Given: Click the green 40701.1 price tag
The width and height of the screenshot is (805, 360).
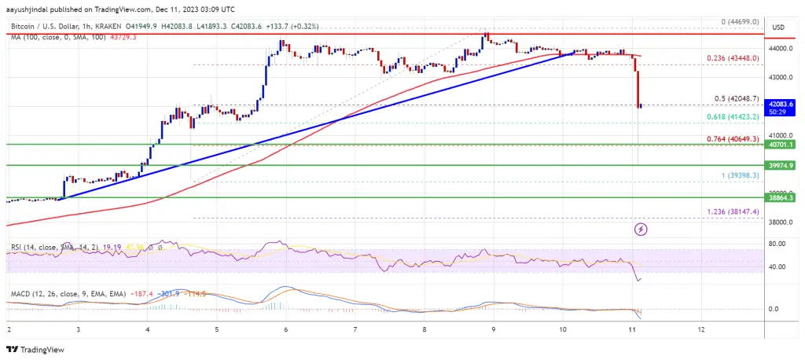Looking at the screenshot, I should [x=781, y=145].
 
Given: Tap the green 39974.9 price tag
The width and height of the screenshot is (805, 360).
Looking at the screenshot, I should [x=781, y=165].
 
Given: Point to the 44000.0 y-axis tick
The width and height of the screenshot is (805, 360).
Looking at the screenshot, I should [x=780, y=49].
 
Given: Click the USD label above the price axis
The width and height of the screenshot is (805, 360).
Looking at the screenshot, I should [x=779, y=28].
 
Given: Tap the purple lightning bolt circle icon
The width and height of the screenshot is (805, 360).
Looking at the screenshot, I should [x=641, y=230].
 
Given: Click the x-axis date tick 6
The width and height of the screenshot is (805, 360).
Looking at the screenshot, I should [x=286, y=329].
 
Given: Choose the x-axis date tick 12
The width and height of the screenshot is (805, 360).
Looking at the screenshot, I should [x=700, y=329].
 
